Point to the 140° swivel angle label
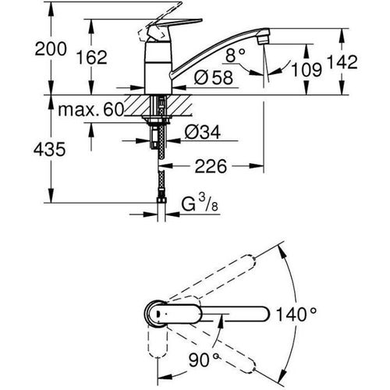(x=296, y=314)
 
